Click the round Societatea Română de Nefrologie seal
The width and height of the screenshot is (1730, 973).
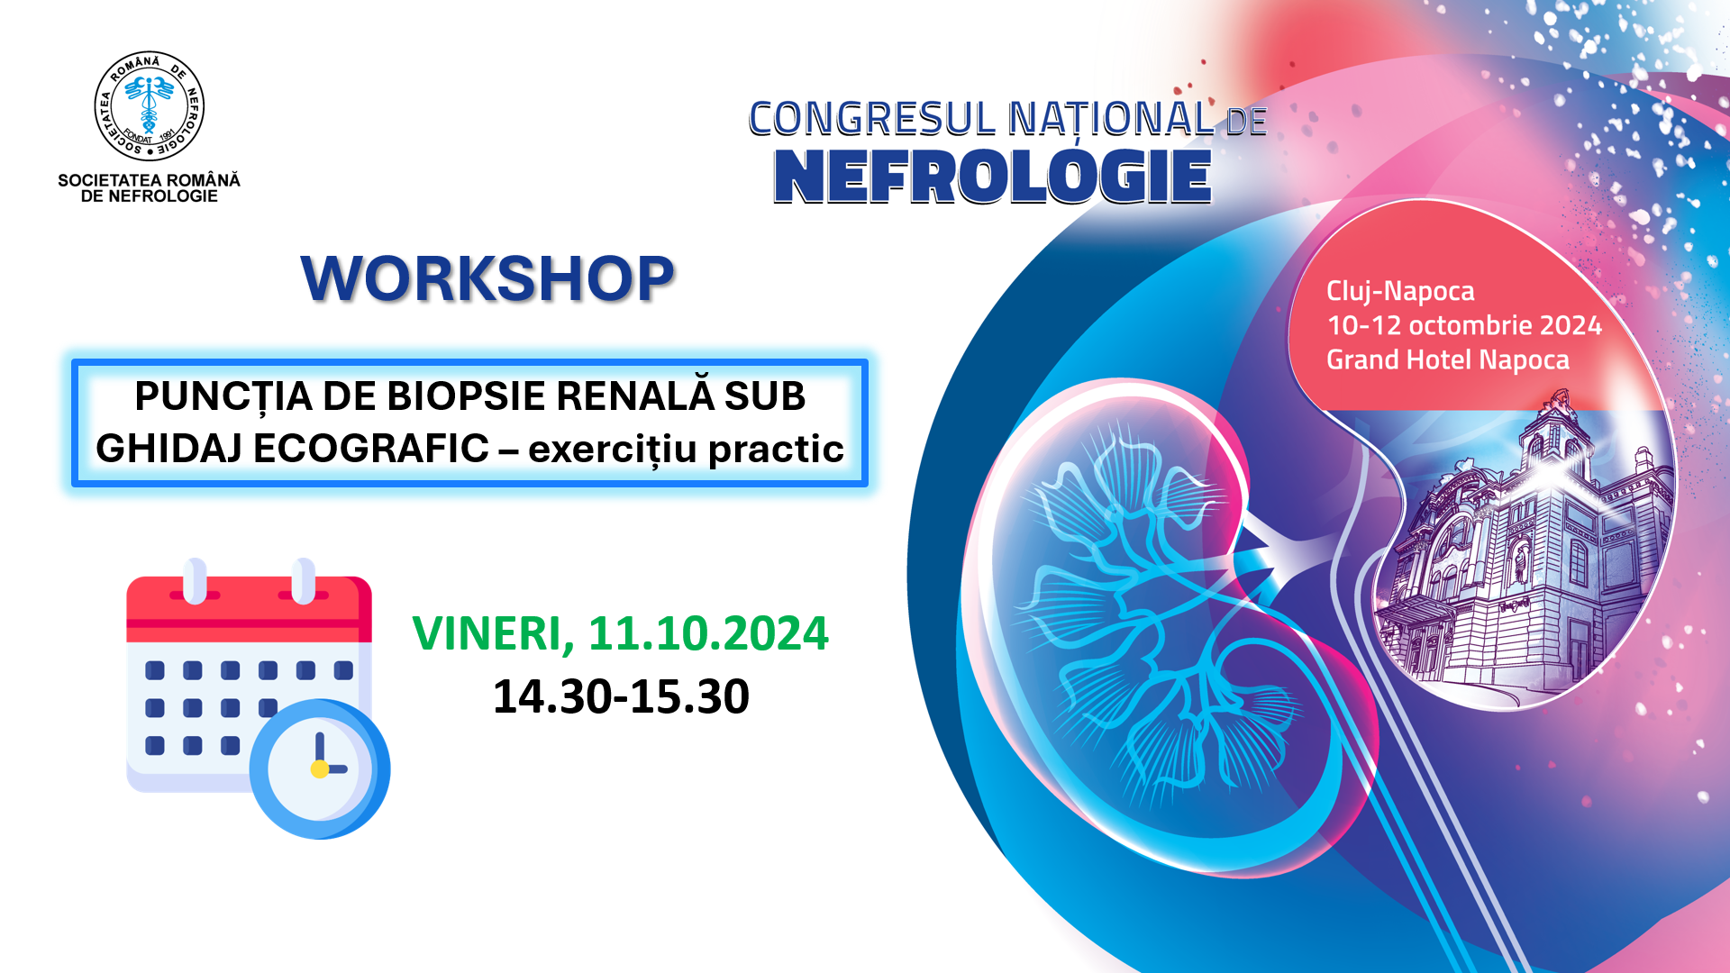click(x=150, y=106)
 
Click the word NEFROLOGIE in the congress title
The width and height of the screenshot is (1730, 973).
click(x=992, y=176)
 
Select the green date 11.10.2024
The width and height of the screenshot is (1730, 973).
click(x=708, y=632)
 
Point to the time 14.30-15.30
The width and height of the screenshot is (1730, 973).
click(x=621, y=696)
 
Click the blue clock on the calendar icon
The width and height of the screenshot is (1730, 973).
click(x=320, y=768)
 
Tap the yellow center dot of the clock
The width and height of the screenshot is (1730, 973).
click(x=319, y=769)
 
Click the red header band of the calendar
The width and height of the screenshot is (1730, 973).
click(x=249, y=609)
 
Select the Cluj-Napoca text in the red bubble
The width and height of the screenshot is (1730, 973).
click(x=1400, y=291)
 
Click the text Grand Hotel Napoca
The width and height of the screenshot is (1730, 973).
click(x=1448, y=359)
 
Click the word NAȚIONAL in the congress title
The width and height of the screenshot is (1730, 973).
click(x=1111, y=120)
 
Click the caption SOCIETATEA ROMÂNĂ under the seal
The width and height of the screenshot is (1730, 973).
click(x=150, y=180)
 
